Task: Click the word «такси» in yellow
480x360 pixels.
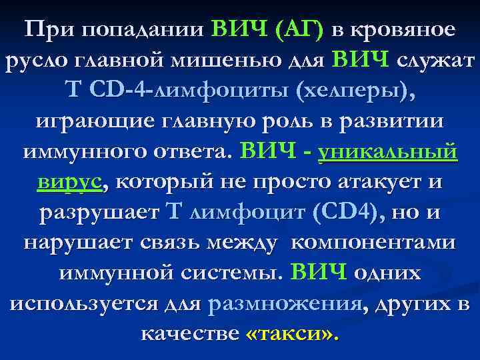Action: (291, 333)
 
